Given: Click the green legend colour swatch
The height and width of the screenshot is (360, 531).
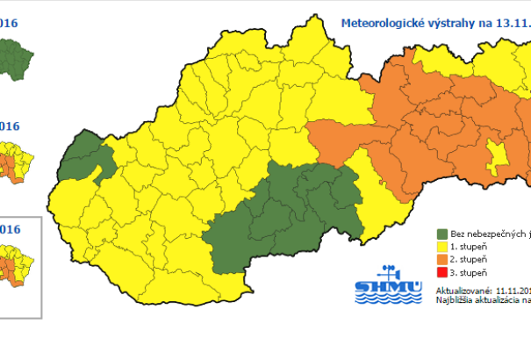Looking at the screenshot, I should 442,234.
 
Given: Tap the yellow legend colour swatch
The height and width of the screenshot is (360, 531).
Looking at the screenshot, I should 442,248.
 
